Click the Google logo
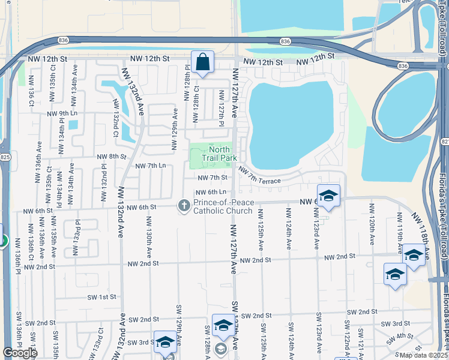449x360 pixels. [20, 353]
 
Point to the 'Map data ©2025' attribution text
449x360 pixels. [424, 356]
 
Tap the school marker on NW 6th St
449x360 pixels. [328, 196]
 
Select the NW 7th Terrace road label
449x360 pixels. [259, 176]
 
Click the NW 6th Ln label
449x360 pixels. [210, 192]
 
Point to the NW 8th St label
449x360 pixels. [112, 156]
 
